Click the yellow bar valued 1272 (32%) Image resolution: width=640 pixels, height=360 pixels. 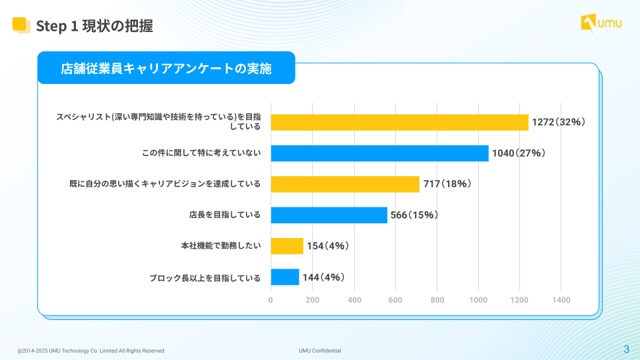coord(399,122)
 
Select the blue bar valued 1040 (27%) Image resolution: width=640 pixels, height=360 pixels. coord(379,153)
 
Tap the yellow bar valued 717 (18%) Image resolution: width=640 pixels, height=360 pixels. coord(345,184)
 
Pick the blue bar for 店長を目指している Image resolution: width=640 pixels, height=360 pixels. coord(329,215)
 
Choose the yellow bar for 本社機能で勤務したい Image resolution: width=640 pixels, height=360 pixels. coord(287,246)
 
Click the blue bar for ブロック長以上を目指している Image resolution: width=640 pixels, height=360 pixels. coord(285,277)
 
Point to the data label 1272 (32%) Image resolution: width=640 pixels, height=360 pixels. coord(558,122)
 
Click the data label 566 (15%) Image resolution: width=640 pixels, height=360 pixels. coord(413,215)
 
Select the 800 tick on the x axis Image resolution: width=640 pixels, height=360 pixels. coord(437,300)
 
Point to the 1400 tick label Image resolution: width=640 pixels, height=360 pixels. coord(561,300)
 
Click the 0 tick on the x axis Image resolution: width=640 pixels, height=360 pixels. coord(271,300)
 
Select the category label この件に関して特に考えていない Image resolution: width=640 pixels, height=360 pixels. coord(201,153)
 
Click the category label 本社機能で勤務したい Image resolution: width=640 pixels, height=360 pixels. coord(221,246)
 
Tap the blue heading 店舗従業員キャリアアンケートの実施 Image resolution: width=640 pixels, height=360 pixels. coord(166,68)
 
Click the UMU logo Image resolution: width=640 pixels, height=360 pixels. coord(601,23)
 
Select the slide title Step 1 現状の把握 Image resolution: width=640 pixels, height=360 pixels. coord(94,26)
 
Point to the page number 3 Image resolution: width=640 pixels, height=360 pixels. coord(626,349)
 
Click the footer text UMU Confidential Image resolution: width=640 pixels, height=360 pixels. coord(320,351)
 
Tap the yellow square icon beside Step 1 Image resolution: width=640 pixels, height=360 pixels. coord(21,25)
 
